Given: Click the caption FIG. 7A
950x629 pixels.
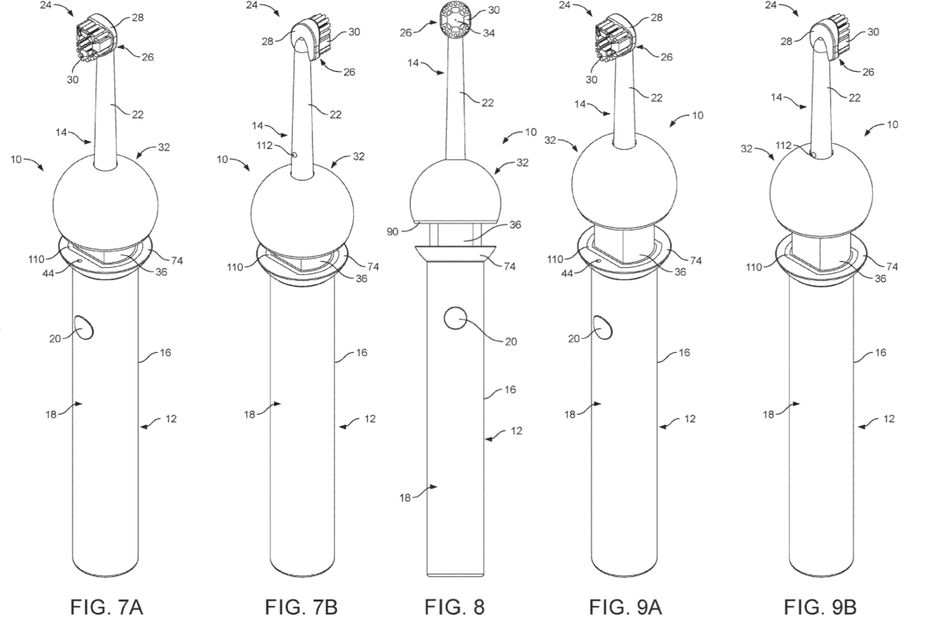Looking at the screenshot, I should [x=107, y=607].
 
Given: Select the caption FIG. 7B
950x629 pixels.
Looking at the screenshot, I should [x=301, y=607].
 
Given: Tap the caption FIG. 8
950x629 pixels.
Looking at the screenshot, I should [x=454, y=607].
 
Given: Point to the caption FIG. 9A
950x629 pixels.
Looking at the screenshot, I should [x=625, y=607].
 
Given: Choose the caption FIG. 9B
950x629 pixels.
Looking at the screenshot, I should [x=820, y=607].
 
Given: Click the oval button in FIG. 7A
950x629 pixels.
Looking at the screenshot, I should [x=85, y=327].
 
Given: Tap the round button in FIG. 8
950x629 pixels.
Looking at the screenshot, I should [x=455, y=318].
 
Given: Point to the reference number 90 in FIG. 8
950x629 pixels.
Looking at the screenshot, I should [x=392, y=232].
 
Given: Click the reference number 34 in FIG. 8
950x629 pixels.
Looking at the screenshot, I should [x=489, y=33].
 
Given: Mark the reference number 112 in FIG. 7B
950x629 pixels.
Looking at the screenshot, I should [x=264, y=146].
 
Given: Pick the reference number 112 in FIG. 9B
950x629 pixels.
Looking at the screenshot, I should [x=783, y=145].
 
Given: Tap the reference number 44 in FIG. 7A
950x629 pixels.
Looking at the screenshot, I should [x=48, y=273].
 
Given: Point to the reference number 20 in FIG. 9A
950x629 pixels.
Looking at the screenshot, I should [x=573, y=338].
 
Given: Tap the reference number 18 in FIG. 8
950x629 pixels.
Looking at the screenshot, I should [x=405, y=498].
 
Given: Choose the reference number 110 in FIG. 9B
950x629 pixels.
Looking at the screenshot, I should [x=754, y=267].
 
